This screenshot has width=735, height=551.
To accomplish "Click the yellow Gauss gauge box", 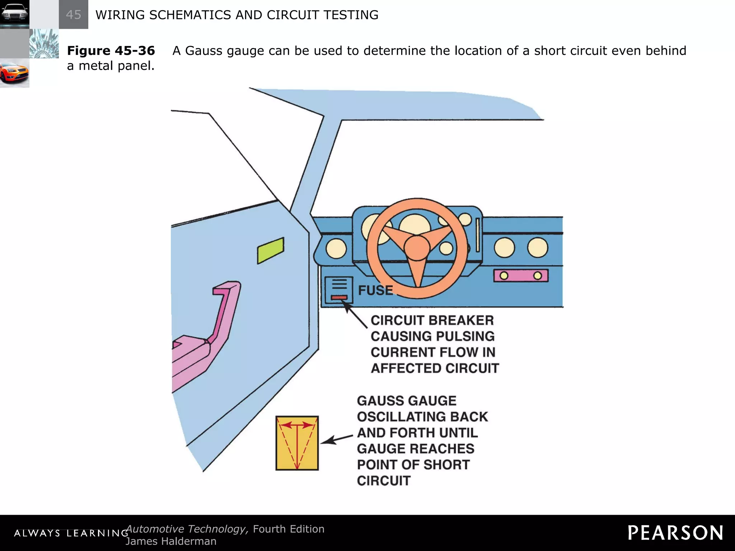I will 297,443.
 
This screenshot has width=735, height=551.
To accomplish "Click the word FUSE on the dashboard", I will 375,290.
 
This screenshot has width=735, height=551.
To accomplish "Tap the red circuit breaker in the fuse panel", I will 339,297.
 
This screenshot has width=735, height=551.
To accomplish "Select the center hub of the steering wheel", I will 417,248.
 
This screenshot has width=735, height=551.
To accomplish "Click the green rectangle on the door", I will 271,250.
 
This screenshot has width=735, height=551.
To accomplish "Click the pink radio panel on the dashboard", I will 521,275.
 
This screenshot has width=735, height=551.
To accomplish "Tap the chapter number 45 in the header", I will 74,15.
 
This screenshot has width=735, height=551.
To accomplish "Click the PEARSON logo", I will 675,533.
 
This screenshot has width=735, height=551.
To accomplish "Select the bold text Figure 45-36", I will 111,51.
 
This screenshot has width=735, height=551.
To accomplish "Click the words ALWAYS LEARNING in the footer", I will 71,533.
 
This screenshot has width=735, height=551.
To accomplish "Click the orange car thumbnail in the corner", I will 14,73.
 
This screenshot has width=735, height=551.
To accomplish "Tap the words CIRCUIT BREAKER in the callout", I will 432,320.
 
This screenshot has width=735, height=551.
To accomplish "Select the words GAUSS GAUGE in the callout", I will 407,401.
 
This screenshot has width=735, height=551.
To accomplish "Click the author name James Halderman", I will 171,541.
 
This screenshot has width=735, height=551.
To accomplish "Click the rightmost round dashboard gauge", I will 537,248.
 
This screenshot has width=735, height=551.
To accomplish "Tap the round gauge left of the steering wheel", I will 336,249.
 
